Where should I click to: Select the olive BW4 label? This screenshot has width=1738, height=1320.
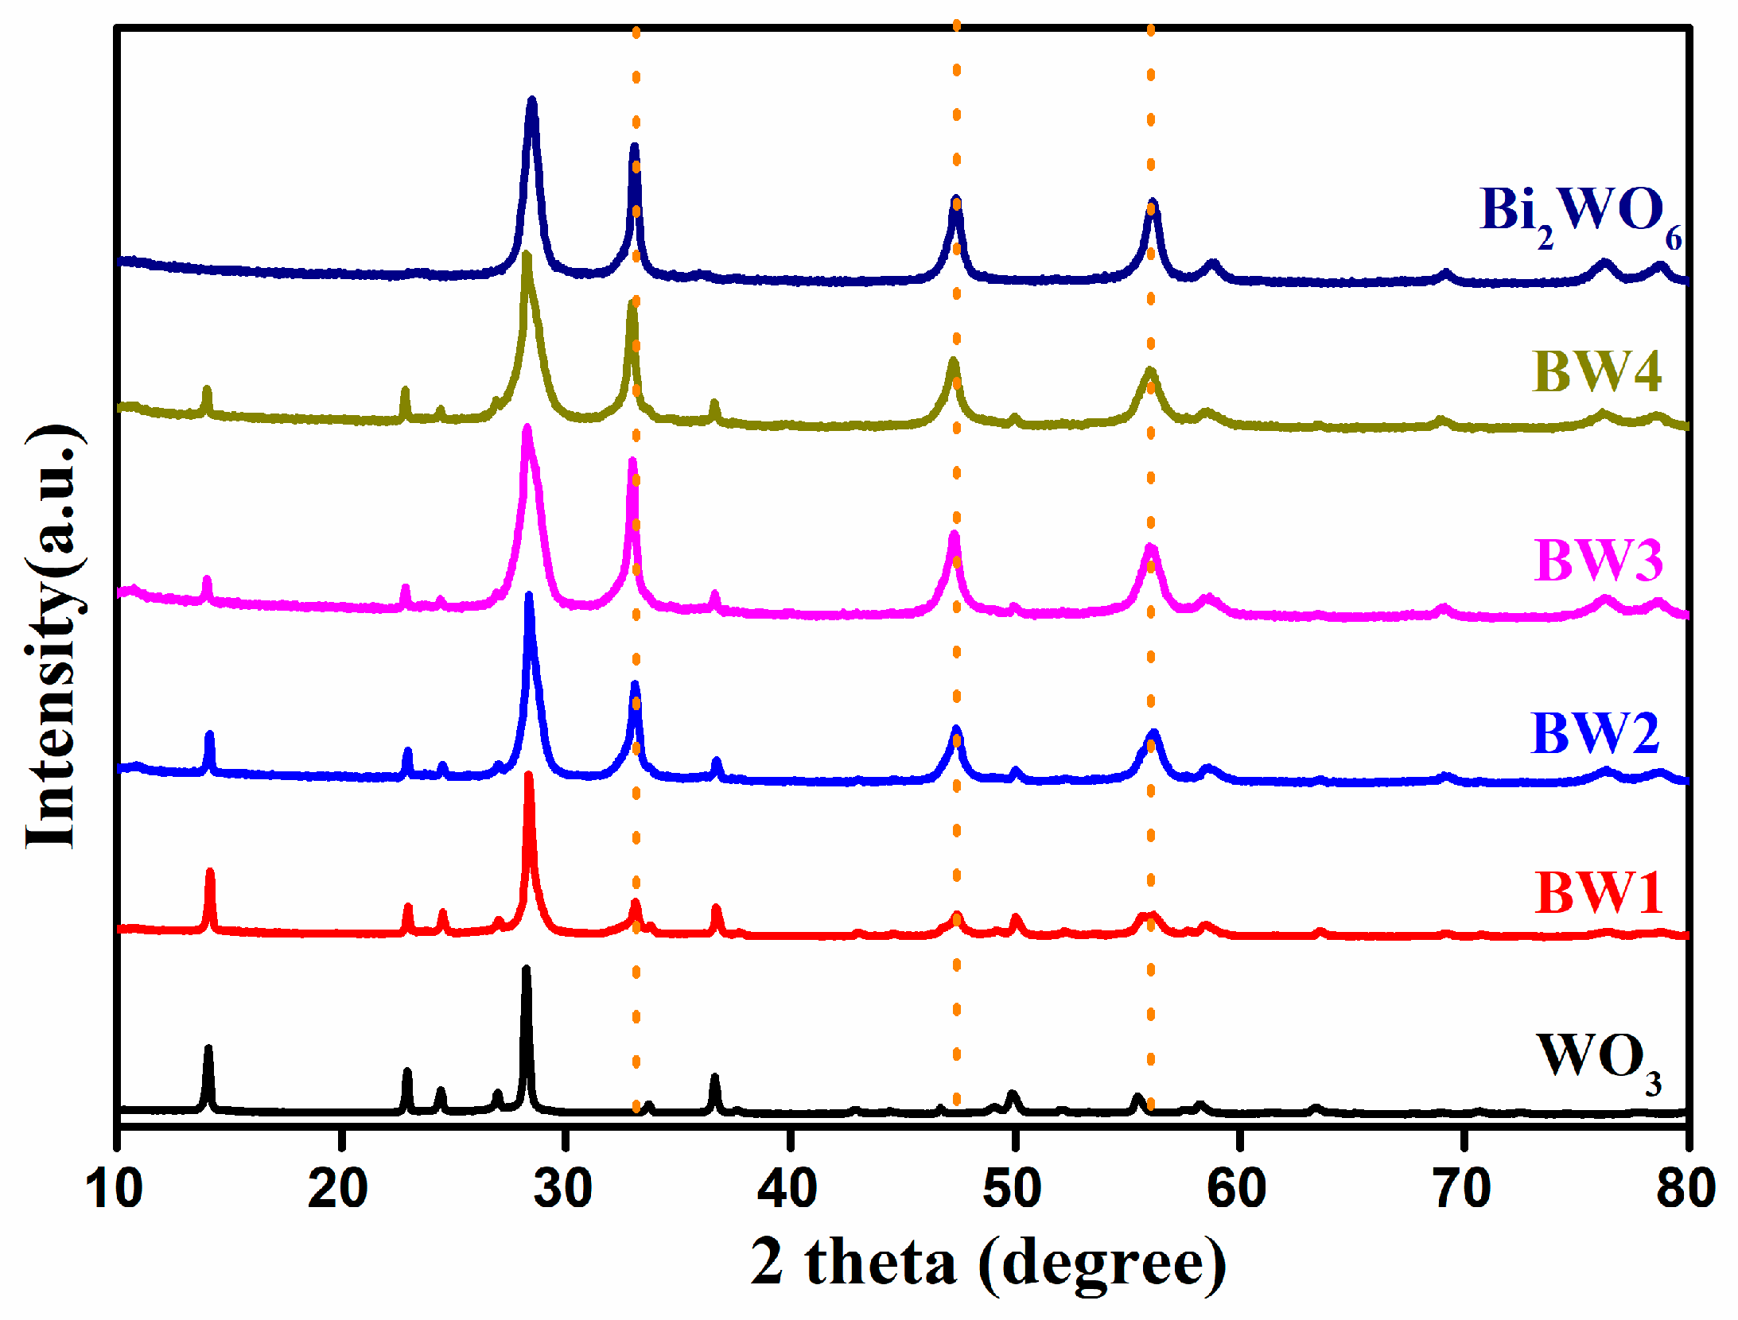point(1596,372)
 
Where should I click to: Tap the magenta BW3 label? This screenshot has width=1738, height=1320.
point(1597,561)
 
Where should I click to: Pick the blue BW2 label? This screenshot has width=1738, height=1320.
point(1595,734)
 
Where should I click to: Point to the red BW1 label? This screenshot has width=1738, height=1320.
point(1597,893)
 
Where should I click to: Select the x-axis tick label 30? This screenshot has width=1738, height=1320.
point(563,1190)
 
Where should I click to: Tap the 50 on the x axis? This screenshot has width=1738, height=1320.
point(1012,1190)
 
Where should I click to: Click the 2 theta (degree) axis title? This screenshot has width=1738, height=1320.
point(988,1263)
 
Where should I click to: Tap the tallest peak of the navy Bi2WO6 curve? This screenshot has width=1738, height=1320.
point(532,102)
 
